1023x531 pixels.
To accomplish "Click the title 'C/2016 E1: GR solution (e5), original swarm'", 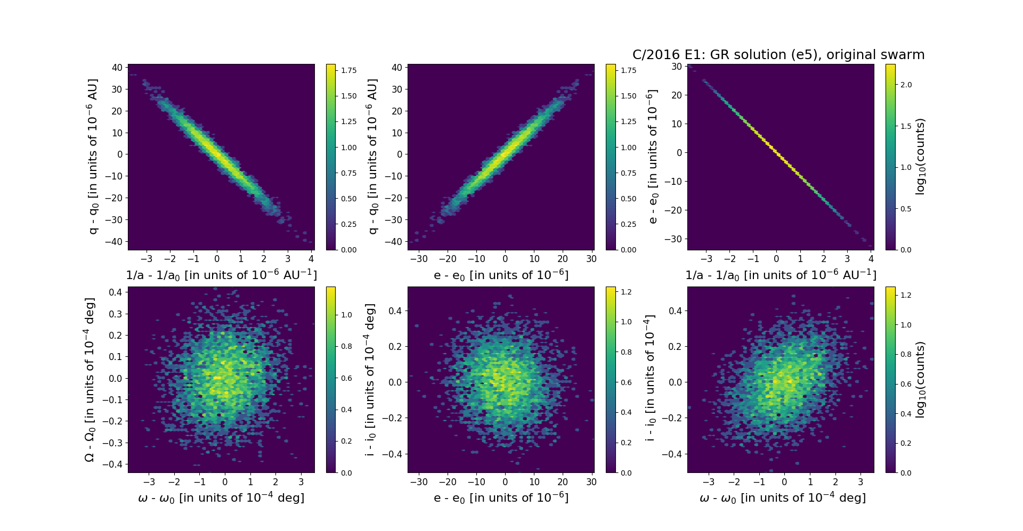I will tap(778, 55).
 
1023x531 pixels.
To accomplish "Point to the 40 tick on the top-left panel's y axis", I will tap(117, 68).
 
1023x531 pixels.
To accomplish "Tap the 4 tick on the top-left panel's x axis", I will tap(311, 259).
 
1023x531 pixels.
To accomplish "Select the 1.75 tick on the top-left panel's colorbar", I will tap(349, 70).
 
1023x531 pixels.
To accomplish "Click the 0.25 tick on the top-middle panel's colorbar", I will tap(629, 224).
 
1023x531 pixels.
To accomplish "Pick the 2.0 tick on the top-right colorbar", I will tap(906, 85).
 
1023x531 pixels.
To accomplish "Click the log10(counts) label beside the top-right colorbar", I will tap(920, 157).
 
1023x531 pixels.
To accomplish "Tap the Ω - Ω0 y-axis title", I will tap(90, 380).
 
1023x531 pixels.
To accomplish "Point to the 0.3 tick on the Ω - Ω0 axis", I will tap(116, 314).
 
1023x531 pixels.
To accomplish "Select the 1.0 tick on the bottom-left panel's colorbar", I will tap(346, 315).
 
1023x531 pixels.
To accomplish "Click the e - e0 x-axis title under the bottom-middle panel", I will tap(501, 497).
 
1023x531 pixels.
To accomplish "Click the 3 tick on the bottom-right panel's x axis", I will tap(860, 482).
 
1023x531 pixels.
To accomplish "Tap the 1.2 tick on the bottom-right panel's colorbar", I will tap(906, 295).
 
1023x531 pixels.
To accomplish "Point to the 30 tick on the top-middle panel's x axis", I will tap(591, 259).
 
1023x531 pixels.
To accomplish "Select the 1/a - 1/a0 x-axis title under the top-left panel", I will tap(221, 275).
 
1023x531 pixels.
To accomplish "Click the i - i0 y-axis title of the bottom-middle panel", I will tap(370, 380).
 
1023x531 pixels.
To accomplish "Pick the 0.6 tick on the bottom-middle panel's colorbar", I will tap(626, 382).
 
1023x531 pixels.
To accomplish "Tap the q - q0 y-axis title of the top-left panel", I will tap(93, 157).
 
